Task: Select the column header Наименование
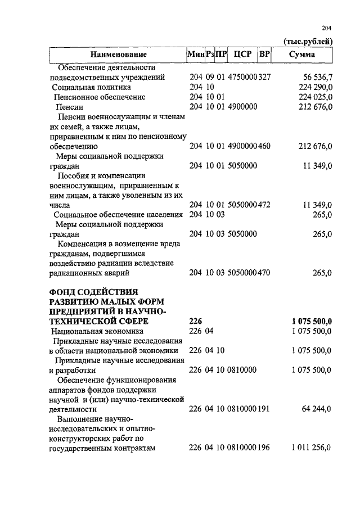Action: (x=119, y=55)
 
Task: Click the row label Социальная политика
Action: (x=91, y=87)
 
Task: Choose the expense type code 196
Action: (x=264, y=448)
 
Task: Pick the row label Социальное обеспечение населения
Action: (x=118, y=215)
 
